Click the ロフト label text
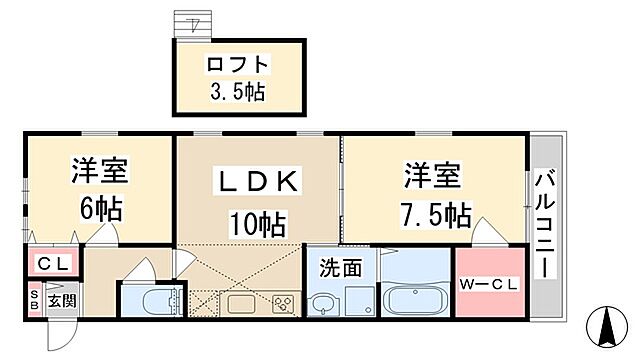point(237,66)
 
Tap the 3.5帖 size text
point(237,93)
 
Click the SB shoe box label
point(34,300)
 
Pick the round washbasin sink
point(322,304)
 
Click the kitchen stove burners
point(283,304)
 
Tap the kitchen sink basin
point(242,304)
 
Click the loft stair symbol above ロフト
point(190,25)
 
